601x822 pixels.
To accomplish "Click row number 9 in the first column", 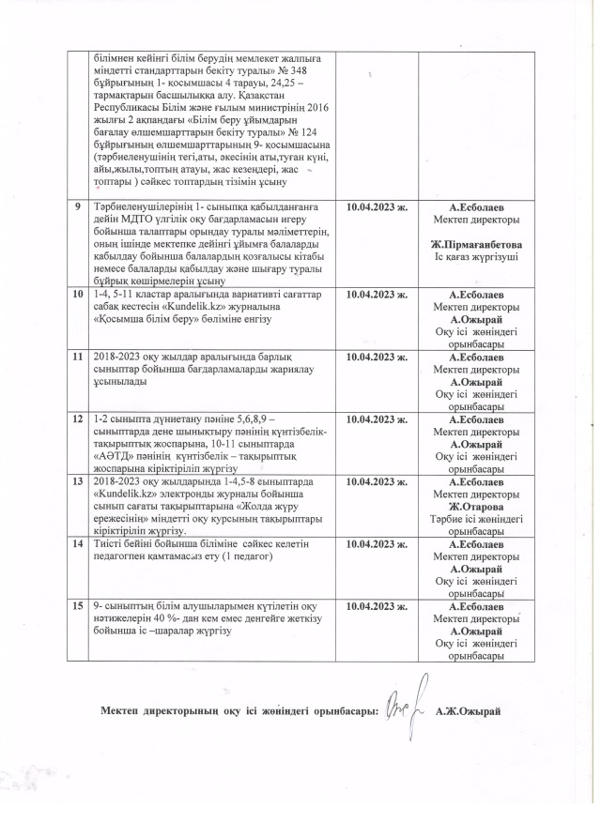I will click(x=77, y=205).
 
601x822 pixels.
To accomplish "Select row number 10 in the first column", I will click(x=79, y=294).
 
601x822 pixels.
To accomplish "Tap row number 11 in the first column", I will click(x=79, y=358).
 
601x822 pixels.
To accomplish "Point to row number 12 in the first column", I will click(x=79, y=416).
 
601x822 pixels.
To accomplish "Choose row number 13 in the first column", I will click(x=79, y=480).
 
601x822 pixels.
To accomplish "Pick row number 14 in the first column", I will click(x=79, y=544).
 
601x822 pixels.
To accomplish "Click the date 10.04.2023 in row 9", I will click(x=378, y=206).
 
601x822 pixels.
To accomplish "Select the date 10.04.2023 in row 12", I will click(x=378, y=417).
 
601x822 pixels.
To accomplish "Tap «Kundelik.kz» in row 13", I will click(x=125, y=494).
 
